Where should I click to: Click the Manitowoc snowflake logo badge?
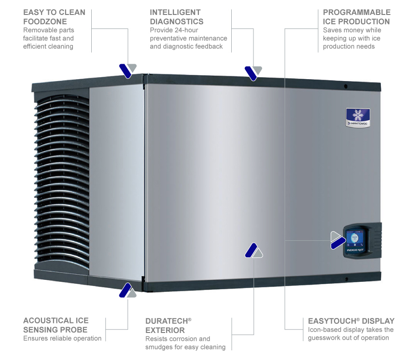(x=358, y=117)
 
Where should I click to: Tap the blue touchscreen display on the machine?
(x=355, y=239)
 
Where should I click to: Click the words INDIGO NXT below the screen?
(x=355, y=250)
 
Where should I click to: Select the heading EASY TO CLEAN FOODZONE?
(x=54, y=17)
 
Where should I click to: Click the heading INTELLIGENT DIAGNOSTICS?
(x=177, y=17)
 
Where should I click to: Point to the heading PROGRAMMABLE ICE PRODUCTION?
(x=357, y=17)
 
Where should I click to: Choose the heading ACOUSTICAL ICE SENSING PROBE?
(x=56, y=325)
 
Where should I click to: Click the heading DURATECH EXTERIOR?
(x=168, y=325)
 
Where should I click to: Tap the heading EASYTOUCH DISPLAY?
(x=351, y=321)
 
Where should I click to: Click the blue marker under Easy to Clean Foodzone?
(x=126, y=71)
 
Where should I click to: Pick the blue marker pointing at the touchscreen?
(x=338, y=243)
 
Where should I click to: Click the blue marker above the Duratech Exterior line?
(x=251, y=250)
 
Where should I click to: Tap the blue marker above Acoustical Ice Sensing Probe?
(x=126, y=290)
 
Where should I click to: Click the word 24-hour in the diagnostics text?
(x=186, y=30)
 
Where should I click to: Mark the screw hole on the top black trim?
(x=346, y=86)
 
